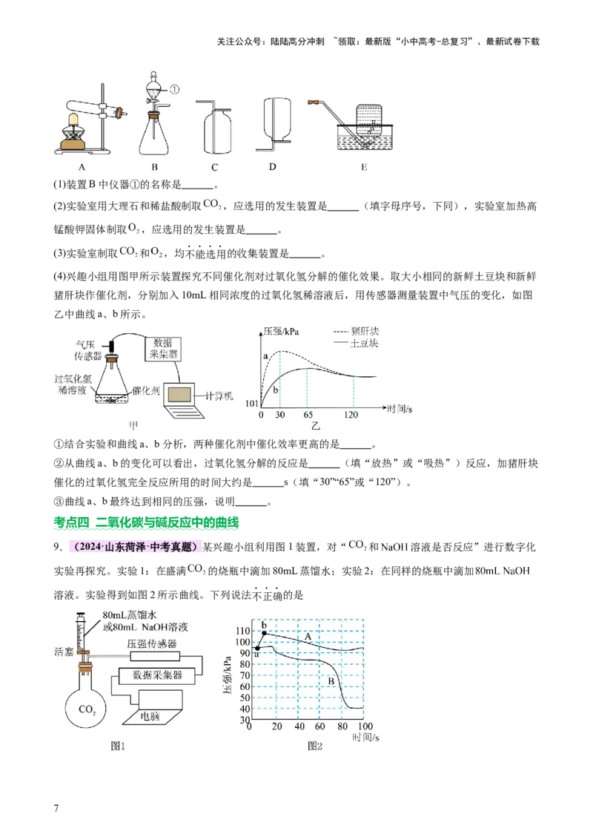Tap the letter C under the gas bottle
click(x=214, y=167)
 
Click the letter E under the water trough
click(x=364, y=167)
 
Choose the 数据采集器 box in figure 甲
click(x=168, y=348)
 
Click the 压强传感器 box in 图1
click(x=154, y=656)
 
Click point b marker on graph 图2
click(x=264, y=632)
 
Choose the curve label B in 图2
click(x=332, y=681)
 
